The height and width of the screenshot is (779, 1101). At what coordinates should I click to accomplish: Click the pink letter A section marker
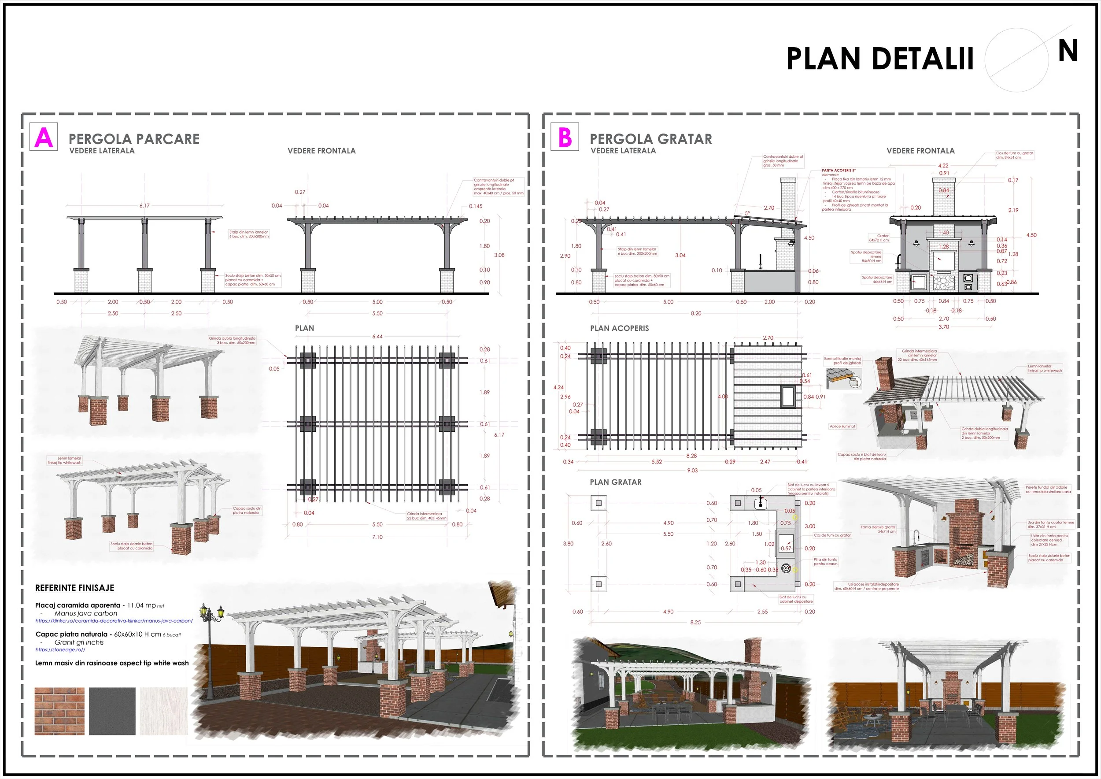44,137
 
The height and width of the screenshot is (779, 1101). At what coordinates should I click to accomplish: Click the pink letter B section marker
565,137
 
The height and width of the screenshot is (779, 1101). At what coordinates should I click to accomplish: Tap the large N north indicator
1068,51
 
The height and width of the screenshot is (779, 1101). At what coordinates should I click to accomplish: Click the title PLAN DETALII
879,59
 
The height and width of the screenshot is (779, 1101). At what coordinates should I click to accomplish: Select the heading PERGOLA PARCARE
134,139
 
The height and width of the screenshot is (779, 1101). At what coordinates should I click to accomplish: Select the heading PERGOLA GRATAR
651,139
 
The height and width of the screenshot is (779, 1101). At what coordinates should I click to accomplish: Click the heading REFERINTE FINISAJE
75,588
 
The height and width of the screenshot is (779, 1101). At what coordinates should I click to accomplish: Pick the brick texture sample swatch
59,711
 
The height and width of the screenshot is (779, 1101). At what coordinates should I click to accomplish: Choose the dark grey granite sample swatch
112,711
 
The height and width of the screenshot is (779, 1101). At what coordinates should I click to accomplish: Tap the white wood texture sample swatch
163,711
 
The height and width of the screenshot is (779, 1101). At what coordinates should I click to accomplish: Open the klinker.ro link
114,621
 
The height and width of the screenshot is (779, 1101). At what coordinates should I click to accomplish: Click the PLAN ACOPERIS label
619,329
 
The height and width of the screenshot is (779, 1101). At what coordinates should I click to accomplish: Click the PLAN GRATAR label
616,482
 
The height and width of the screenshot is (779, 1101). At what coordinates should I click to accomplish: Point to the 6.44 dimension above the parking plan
377,337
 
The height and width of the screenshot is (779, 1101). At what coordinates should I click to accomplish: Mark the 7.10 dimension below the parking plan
377,537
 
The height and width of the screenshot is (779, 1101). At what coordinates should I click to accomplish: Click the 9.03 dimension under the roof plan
692,471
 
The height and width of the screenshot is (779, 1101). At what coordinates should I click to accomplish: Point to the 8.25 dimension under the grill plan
695,622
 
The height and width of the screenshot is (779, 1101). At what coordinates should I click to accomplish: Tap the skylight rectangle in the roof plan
787,397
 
